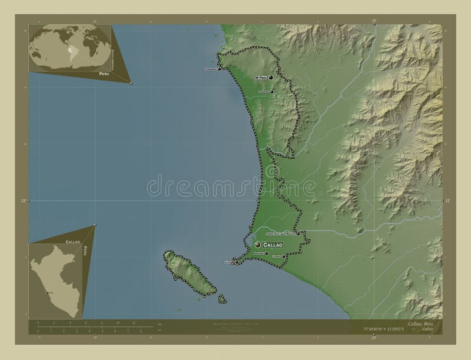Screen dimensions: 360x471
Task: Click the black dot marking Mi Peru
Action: (x=272, y=77)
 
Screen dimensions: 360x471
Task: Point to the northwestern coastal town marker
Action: (x=220, y=69)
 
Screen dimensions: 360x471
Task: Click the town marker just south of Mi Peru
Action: (x=272, y=91)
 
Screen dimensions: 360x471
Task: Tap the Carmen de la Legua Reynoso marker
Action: (x=298, y=234)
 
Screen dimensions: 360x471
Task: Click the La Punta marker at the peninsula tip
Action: (x=234, y=262)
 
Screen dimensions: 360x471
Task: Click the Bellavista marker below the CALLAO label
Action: (x=266, y=253)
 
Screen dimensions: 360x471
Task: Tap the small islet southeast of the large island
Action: (x=223, y=299)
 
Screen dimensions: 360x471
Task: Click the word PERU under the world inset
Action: (x=104, y=75)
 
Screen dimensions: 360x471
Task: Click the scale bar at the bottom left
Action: (x=88, y=325)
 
